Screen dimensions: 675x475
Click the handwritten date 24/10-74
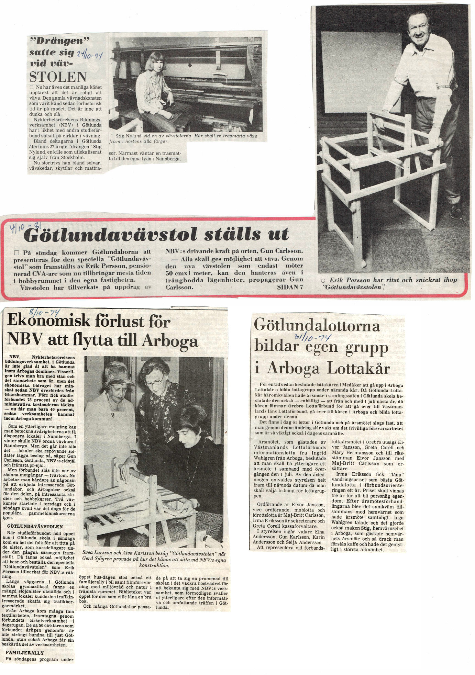point(89,54)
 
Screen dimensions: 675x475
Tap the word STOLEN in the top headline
point(58,77)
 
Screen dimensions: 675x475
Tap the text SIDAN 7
point(290,287)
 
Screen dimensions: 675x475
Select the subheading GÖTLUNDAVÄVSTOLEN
point(35,526)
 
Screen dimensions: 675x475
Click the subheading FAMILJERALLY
point(25,652)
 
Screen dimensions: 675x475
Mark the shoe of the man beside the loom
point(456,212)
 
